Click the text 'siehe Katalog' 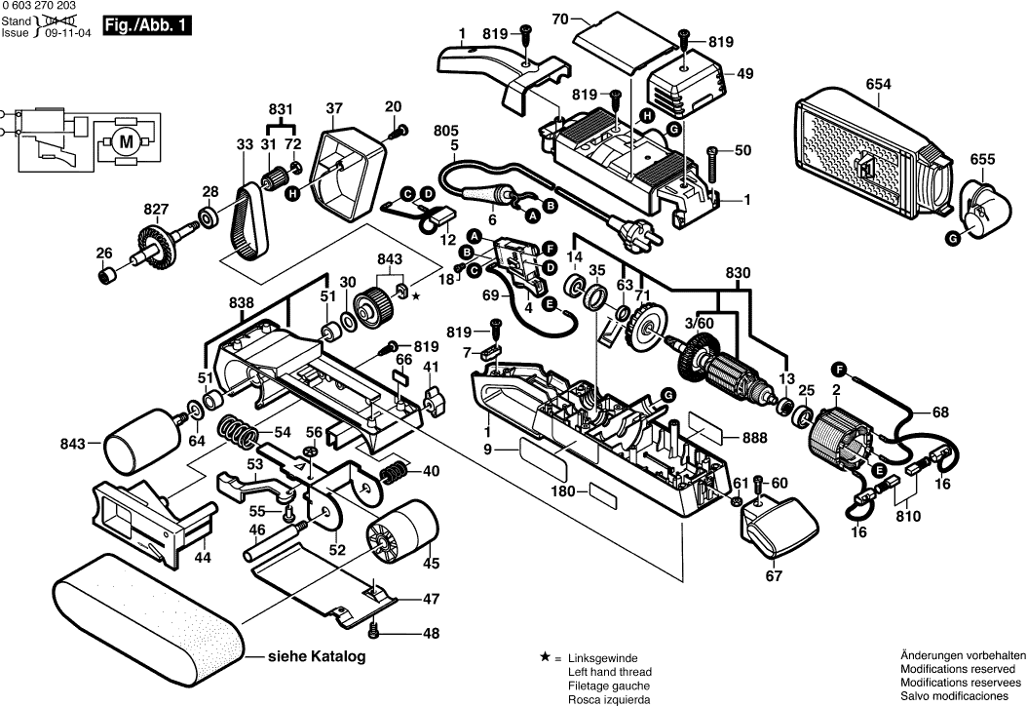[318, 657]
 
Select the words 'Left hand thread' [610, 672]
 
